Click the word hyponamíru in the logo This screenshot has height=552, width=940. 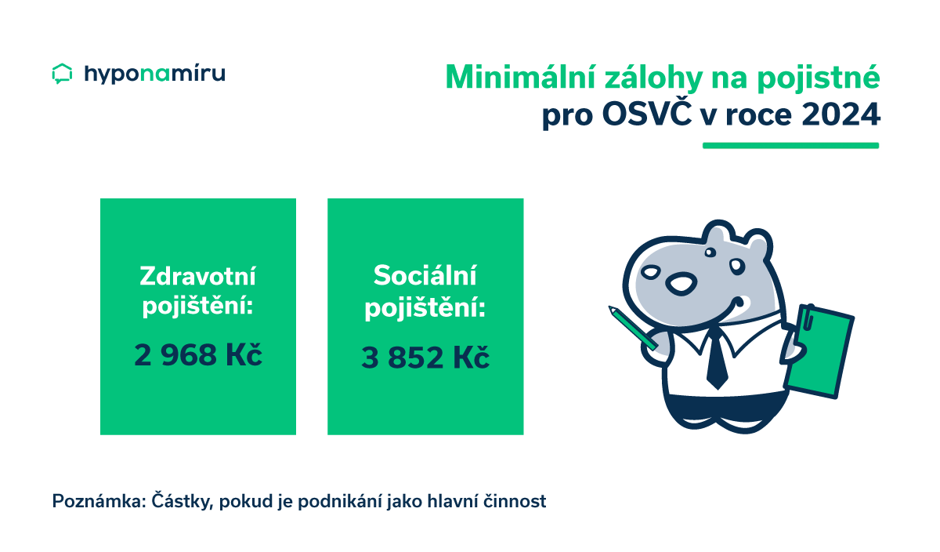[x=154, y=74]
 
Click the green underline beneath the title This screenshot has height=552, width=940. [x=790, y=145]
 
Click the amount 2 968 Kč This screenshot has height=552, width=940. [x=197, y=355]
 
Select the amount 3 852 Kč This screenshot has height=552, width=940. [x=425, y=358]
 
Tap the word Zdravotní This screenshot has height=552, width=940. [x=197, y=276]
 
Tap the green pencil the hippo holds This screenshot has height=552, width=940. [x=632, y=328]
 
